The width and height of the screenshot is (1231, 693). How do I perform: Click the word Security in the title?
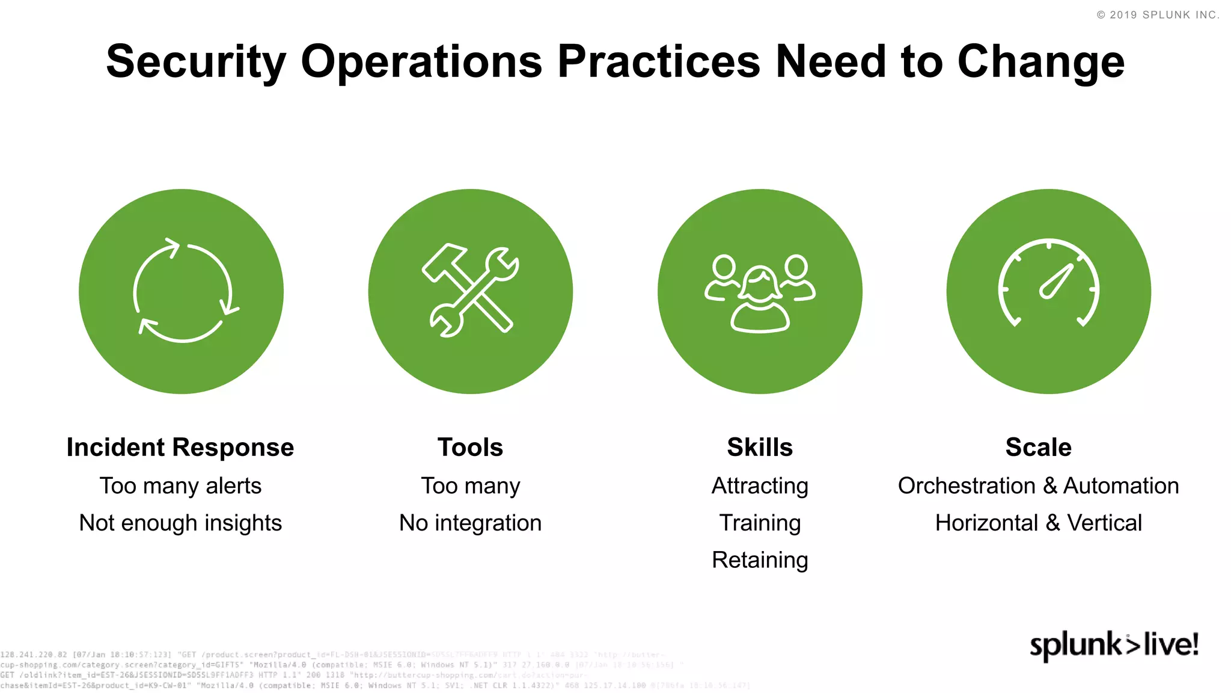(x=196, y=62)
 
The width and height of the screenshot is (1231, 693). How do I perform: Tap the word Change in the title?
(x=1040, y=62)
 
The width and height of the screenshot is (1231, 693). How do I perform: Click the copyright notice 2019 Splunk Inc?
(x=1158, y=15)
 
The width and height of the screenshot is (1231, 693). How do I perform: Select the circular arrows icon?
(x=182, y=291)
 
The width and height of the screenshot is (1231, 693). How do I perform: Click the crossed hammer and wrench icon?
(x=471, y=291)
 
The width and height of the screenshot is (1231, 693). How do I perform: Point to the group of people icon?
(x=760, y=291)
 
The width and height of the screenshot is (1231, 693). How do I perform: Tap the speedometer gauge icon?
(x=1049, y=291)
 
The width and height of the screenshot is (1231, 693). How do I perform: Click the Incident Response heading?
(x=180, y=448)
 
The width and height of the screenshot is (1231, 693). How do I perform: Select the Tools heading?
(x=470, y=448)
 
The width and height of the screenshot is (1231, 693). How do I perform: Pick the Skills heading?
(x=760, y=448)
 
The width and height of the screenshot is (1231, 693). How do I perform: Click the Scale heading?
(x=1038, y=448)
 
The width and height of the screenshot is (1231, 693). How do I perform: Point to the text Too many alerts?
(x=180, y=485)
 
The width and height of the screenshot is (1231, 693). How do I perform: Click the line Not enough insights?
(x=180, y=523)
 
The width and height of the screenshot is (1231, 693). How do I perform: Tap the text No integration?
(x=470, y=523)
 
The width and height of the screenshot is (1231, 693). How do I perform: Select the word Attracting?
(x=760, y=485)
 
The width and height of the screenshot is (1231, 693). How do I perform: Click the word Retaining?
(x=760, y=560)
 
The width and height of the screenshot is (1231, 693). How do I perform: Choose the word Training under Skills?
(x=760, y=523)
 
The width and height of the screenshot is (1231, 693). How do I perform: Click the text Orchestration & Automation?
(x=1038, y=485)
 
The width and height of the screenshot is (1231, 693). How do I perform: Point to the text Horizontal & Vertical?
(x=1038, y=523)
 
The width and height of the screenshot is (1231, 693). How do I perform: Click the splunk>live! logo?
(x=1114, y=645)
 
